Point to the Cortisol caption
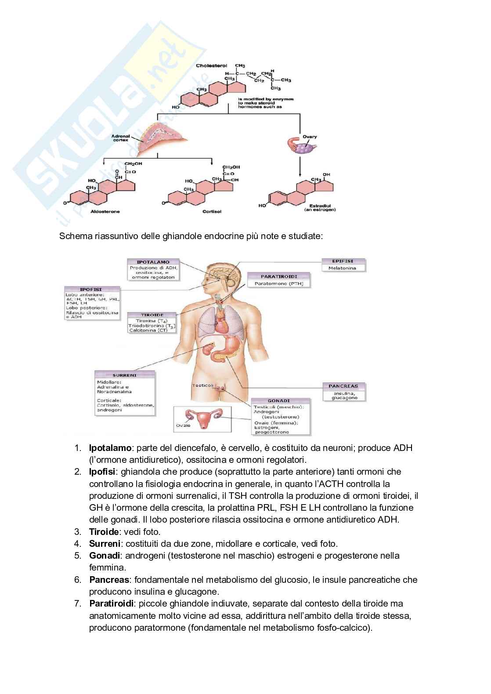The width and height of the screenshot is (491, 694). point(212,211)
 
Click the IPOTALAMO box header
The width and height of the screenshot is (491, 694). point(153,262)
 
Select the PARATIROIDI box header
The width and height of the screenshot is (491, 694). point(279,276)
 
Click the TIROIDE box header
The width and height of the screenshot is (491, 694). point(152,315)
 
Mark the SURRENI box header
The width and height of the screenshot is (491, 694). point(125,375)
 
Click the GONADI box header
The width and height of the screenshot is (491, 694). point(279,401)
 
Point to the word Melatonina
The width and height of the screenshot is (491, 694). point(342,268)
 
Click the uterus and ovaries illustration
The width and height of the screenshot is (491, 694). point(203,418)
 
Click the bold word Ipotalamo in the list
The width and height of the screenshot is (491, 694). point(110,448)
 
